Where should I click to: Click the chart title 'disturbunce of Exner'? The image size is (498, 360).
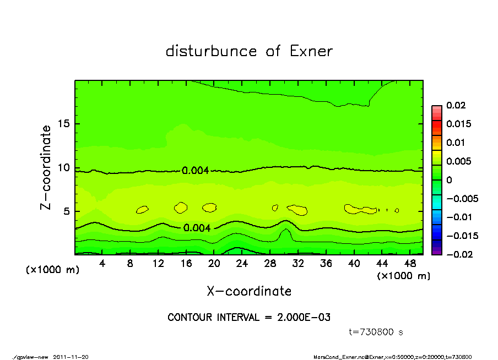249,52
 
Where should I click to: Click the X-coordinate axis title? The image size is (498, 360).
249,291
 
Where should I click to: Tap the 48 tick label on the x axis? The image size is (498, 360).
409,264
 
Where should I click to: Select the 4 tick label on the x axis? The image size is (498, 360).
102,264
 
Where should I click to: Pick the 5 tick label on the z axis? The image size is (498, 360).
67,211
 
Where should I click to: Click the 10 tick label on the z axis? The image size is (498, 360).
64,168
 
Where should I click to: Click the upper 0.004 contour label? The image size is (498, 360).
195,171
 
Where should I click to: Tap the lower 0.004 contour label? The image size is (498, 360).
197,227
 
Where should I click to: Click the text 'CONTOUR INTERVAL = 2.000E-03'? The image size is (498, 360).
248,318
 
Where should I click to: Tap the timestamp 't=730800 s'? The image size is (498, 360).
376,332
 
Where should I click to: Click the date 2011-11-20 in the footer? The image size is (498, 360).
71,357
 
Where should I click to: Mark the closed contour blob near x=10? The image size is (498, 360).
142,209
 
